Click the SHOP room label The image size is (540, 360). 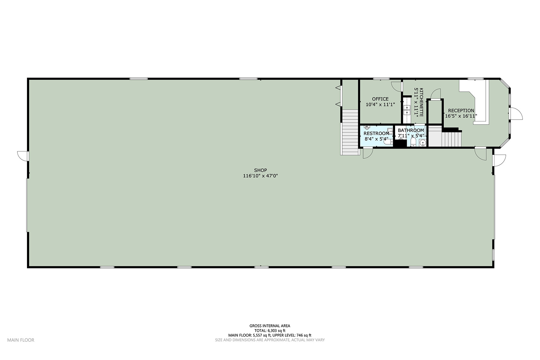pyautogui.click(x=260, y=170)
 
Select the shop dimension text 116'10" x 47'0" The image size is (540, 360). pyautogui.click(x=260, y=176)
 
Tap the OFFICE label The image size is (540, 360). pyautogui.click(x=380, y=99)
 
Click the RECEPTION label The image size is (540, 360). pyautogui.click(x=461, y=110)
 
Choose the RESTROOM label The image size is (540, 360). pyautogui.click(x=376, y=133)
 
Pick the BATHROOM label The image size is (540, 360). pyautogui.click(x=411, y=130)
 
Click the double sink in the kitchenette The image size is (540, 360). pyautogui.click(x=407, y=110)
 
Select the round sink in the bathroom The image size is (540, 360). pyautogui.click(x=422, y=143)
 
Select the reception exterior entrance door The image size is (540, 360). pyautogui.click(x=516, y=114)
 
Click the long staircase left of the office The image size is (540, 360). pyautogui.click(x=350, y=132)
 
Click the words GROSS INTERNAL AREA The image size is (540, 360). pyautogui.click(x=270, y=326)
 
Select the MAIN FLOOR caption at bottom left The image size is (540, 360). pyautogui.click(x=21, y=340)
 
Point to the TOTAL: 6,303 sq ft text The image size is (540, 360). pyautogui.click(x=270, y=331)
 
